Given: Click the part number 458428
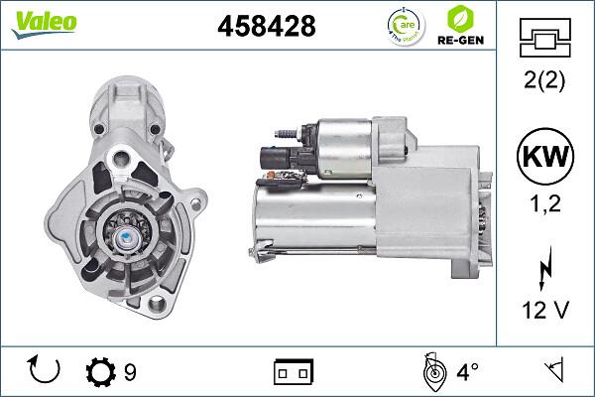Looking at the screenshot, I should point(266,28).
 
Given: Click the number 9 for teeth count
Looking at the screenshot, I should point(130,372).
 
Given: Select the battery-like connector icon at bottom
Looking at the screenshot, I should point(293,372).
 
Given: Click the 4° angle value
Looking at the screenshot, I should point(467,372).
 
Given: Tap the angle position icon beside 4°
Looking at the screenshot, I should point(431,371).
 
